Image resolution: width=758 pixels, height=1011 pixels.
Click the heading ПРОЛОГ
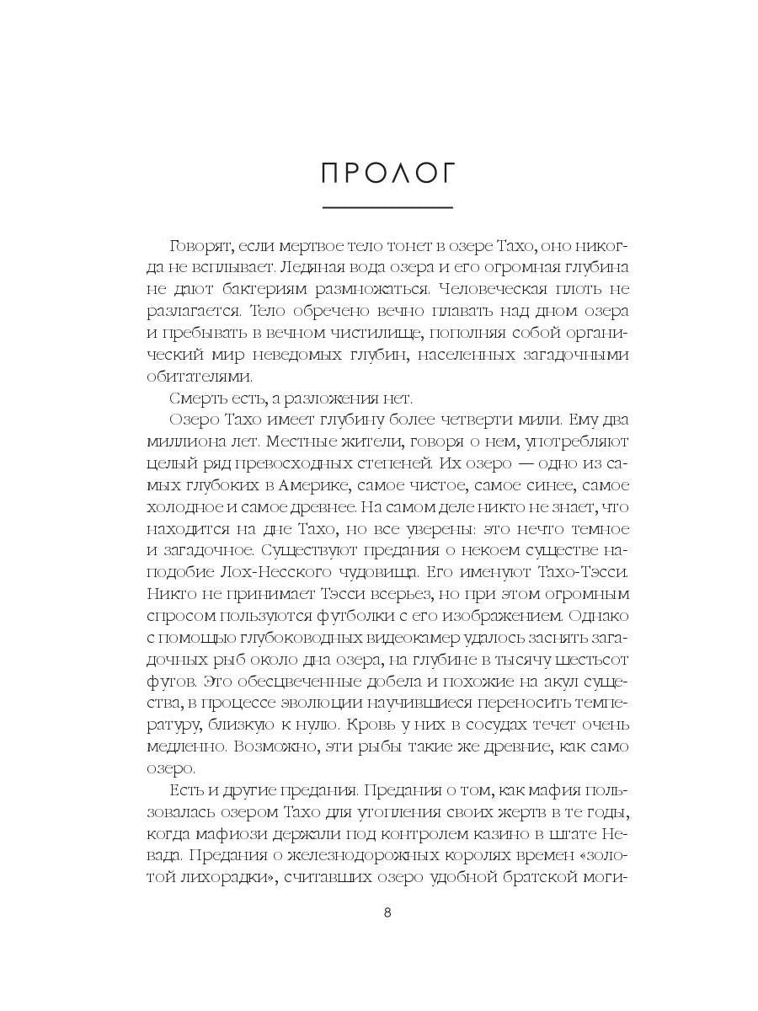click(x=388, y=173)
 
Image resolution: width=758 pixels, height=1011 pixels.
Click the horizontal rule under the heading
click(x=388, y=207)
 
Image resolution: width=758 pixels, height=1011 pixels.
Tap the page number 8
click(x=387, y=912)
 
